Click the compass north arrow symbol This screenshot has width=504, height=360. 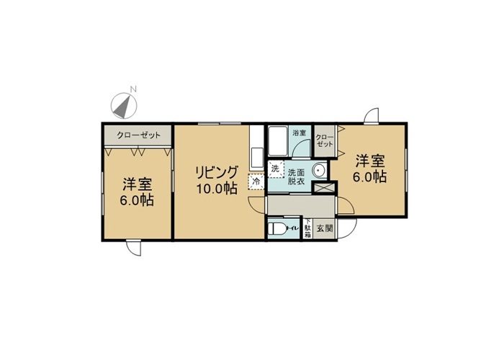point(124,105)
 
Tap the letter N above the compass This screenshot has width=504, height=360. point(134,89)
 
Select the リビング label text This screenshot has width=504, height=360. point(217,174)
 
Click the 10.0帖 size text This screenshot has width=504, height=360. point(217,189)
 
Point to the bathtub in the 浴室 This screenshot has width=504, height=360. point(279,142)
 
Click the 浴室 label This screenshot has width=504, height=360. point(300,132)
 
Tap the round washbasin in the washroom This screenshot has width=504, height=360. point(320,171)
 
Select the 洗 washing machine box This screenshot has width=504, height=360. point(276,168)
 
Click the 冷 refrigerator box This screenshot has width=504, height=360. point(256,181)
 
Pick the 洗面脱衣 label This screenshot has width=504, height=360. point(296,176)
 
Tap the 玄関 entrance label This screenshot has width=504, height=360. point(325,229)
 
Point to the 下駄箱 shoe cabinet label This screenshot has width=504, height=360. point(307,228)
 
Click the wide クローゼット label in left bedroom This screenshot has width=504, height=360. point(138,135)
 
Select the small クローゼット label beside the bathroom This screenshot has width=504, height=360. point(325,140)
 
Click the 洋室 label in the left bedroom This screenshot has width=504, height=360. point(137,185)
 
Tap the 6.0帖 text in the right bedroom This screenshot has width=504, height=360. point(370,177)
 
